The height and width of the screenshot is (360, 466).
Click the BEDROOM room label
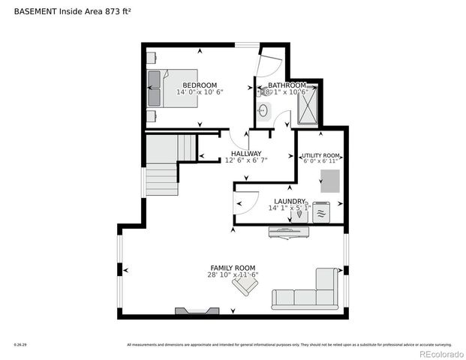pyautogui.click(x=200, y=85)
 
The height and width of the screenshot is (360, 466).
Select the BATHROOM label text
pyautogui.click(x=287, y=85)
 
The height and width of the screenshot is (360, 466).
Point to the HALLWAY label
pyautogui.click(x=245, y=154)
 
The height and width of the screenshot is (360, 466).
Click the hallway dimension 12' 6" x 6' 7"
pyautogui.click(x=245, y=160)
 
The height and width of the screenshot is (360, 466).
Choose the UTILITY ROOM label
pyautogui.click(x=320, y=156)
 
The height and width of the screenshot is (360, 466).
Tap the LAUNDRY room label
pyautogui.click(x=289, y=201)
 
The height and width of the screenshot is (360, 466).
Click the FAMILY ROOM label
pyautogui.click(x=232, y=268)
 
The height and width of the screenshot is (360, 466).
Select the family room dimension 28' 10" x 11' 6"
pyautogui.click(x=232, y=275)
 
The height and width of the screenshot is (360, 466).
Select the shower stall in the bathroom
pyautogui.click(x=308, y=105)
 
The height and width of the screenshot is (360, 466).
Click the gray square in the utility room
pyautogui.click(x=329, y=180)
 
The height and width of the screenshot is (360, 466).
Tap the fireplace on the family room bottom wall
pyautogui.click(x=197, y=309)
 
